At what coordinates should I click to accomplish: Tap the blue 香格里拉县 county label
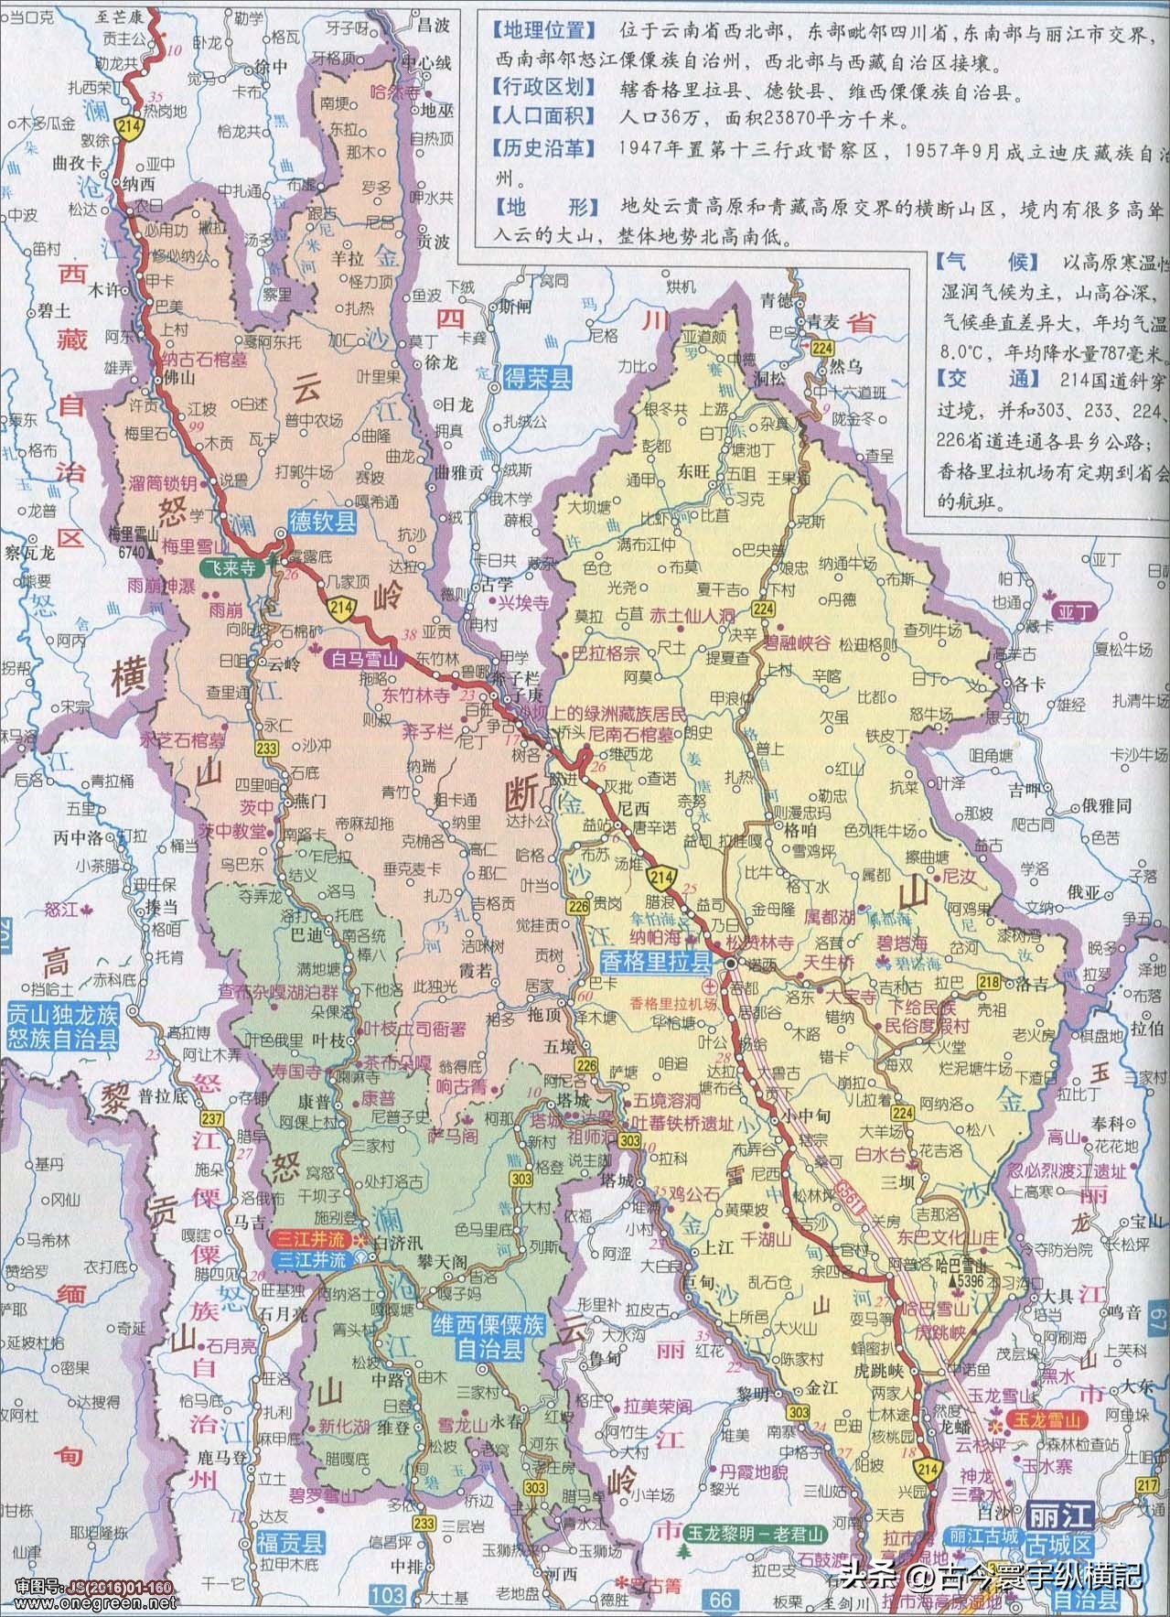coord(656,961)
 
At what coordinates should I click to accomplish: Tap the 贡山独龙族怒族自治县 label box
coord(62,1026)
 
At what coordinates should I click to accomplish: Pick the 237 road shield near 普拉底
coord(212,1119)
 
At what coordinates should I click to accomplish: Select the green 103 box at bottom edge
coord(387,1596)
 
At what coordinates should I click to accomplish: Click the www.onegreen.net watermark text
coord(90,1604)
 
